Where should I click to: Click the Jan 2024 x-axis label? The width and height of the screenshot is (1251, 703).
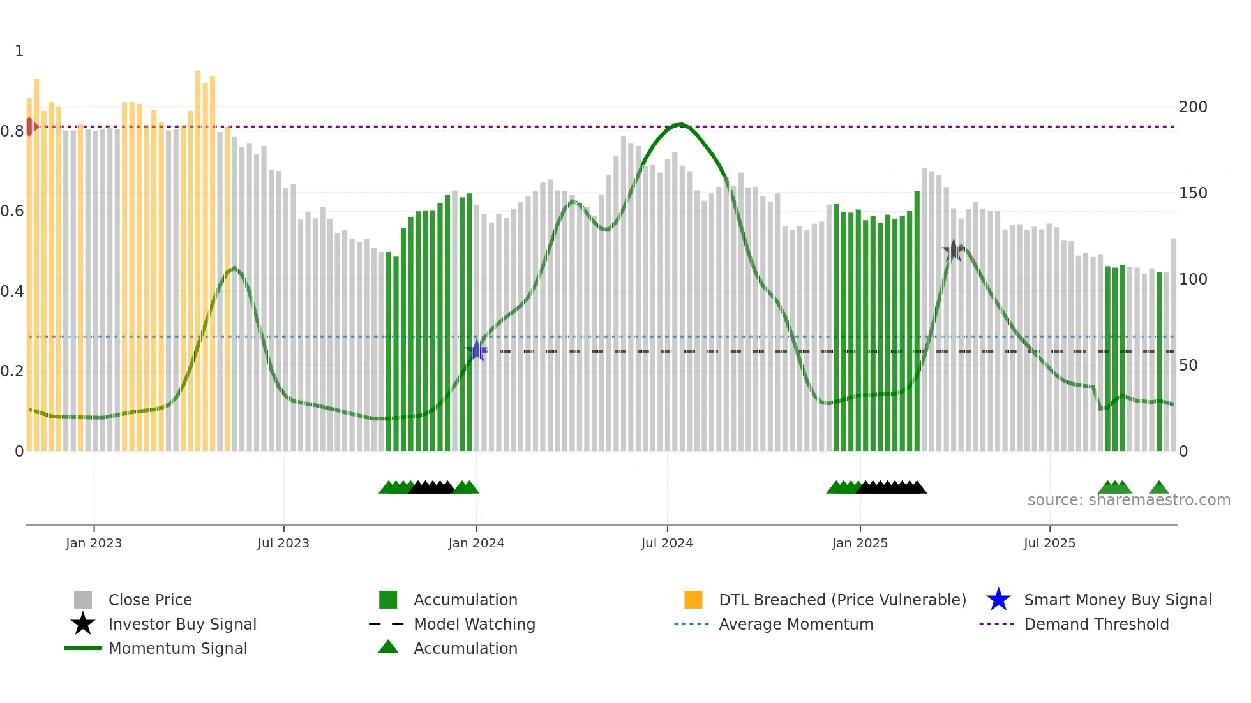point(476,543)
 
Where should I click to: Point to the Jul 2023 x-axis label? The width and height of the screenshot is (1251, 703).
point(283,543)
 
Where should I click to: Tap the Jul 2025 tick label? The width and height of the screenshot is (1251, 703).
point(1049,543)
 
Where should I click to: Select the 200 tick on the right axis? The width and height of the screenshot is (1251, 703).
point(1192,107)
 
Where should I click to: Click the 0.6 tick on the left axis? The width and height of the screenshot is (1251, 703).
point(12,211)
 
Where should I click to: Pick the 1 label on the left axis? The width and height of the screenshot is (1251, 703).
point(19,51)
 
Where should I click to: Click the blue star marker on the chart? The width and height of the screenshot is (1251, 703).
point(477,350)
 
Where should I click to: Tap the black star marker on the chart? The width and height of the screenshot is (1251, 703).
point(953,251)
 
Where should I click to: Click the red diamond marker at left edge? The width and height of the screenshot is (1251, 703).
point(30,127)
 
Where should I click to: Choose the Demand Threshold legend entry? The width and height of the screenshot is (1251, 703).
point(1096,624)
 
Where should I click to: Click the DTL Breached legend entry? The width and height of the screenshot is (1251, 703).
point(842,600)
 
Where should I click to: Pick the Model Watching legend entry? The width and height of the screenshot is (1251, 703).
point(474,624)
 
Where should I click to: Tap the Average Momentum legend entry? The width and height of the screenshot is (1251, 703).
point(795,624)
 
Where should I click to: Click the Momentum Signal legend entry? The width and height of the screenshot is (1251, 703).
point(177,648)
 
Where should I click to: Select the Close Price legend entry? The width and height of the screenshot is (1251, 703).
point(150,600)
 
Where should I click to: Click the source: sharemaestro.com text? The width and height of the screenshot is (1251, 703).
point(1128,500)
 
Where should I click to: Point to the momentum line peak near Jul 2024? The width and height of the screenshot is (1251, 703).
point(681,124)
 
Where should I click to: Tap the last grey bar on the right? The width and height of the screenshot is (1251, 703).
point(1173,344)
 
